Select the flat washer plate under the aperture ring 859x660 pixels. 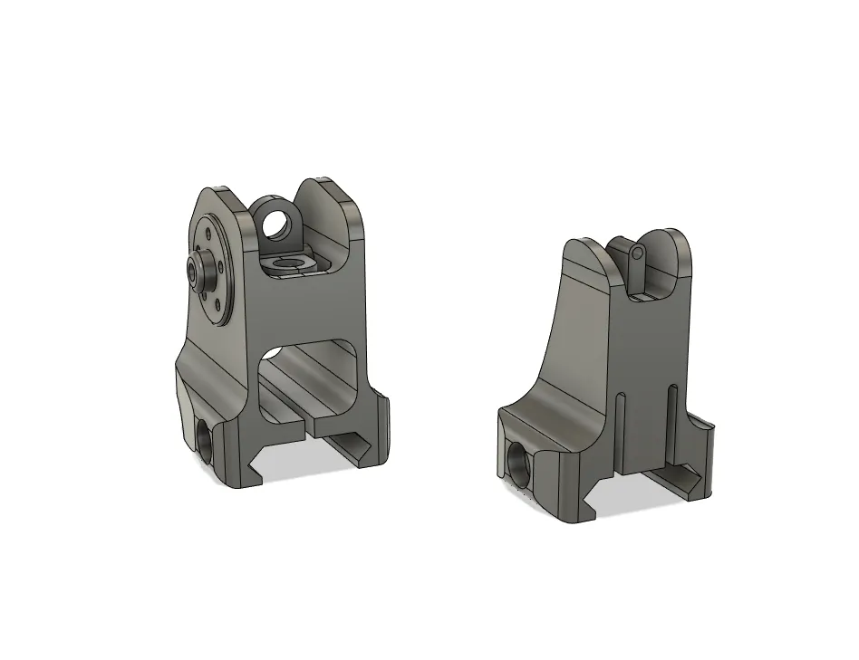(288, 263)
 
